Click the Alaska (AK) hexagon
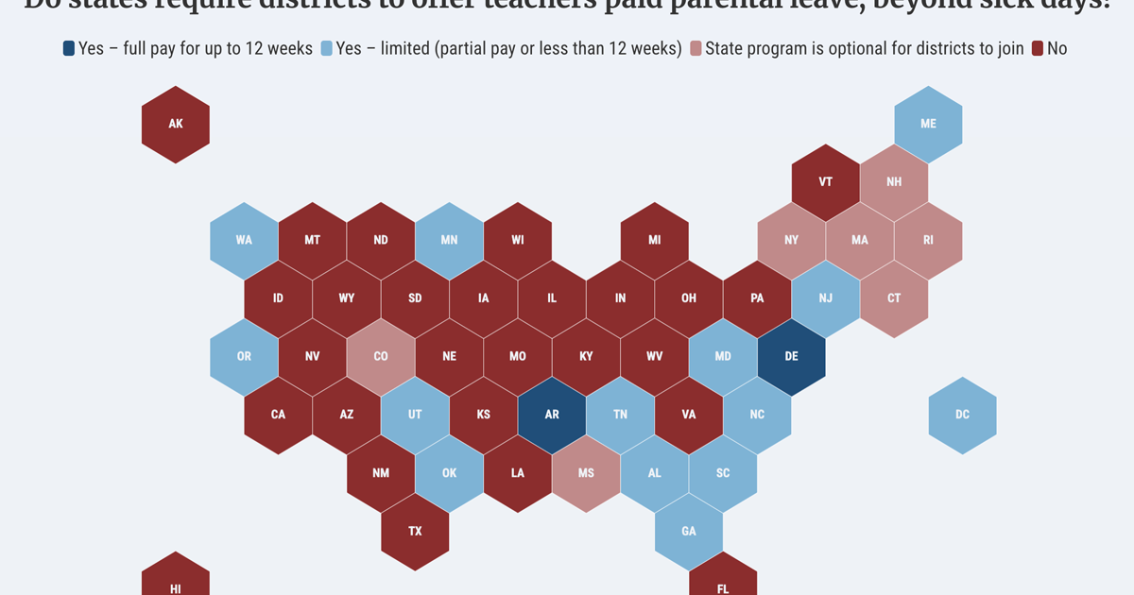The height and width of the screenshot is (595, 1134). coord(175,124)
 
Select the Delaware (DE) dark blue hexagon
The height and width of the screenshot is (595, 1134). coord(791,356)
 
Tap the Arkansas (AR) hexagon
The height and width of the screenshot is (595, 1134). coord(552,415)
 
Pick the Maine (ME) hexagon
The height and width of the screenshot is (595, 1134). coord(928,124)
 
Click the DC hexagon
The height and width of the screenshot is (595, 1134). coord(962,415)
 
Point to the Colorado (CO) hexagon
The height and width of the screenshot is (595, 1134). coord(381,356)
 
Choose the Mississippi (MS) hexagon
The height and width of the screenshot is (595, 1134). coord(586,473)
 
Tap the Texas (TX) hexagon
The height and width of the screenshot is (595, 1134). coord(415,531)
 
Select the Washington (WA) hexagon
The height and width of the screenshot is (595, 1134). coord(244,240)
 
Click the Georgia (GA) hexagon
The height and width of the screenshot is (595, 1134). coord(689,531)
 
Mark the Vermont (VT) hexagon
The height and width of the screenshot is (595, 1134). coord(825,181)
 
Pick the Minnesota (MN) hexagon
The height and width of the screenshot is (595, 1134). coord(449,240)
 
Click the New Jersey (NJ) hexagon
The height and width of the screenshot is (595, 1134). coord(825,298)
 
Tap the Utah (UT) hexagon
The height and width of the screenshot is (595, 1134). coord(415,415)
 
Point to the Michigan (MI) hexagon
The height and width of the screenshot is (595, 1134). coord(654,240)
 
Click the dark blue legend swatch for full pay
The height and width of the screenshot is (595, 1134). coord(69,48)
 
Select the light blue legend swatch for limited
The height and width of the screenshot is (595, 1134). coord(327,48)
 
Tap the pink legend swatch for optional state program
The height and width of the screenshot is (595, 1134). coord(696,48)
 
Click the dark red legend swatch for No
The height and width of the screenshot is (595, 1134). coord(1037,48)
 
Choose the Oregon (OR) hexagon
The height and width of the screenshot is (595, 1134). coord(244,356)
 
